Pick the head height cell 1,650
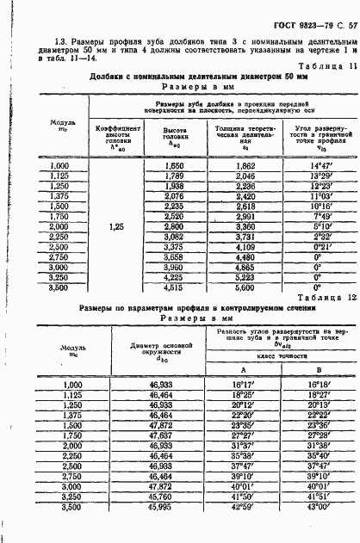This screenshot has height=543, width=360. (174, 164)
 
